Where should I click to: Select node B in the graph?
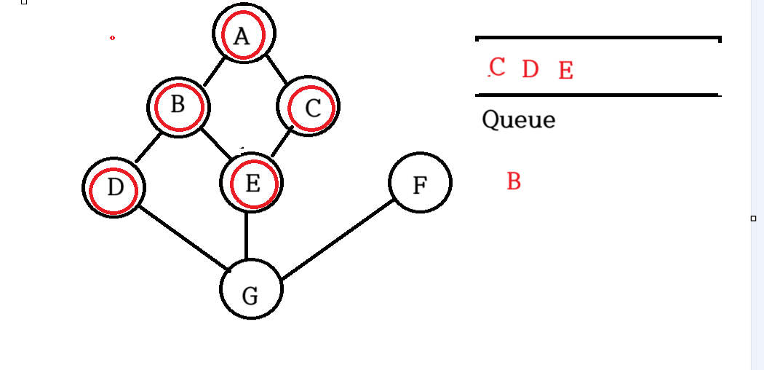178,106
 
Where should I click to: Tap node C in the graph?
309,108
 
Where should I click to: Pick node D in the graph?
114,188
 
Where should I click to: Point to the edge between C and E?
282,142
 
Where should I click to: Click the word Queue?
518,119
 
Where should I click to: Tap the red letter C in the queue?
498,67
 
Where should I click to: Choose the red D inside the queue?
530,69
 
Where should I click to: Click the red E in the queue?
566,71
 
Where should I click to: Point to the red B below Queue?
514,181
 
